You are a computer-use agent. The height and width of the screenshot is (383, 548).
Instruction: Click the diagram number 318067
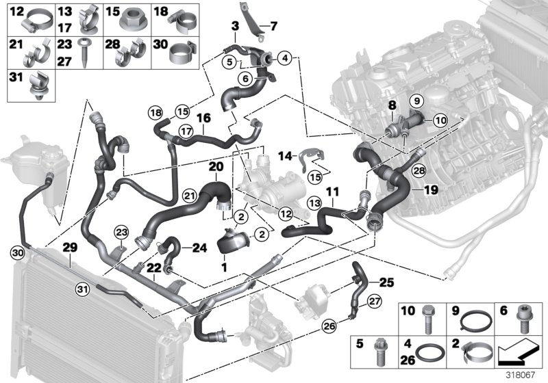tap(525, 375)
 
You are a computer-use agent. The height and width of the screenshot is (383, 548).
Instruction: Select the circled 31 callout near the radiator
tap(82, 290)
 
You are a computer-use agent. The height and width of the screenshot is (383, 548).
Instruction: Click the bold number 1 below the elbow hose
tap(223, 265)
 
